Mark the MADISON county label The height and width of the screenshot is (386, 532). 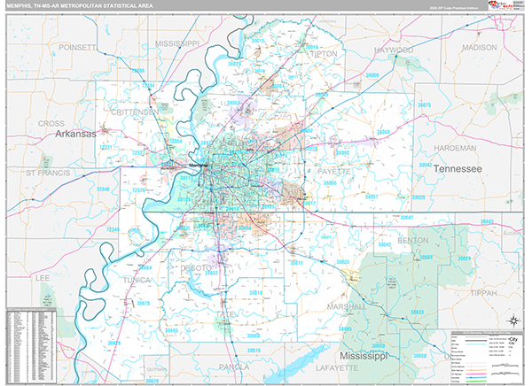pyautogui.click(x=480, y=47)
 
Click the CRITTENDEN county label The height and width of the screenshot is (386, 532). pyautogui.click(x=136, y=112)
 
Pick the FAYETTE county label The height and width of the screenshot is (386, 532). pyautogui.click(x=332, y=170)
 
